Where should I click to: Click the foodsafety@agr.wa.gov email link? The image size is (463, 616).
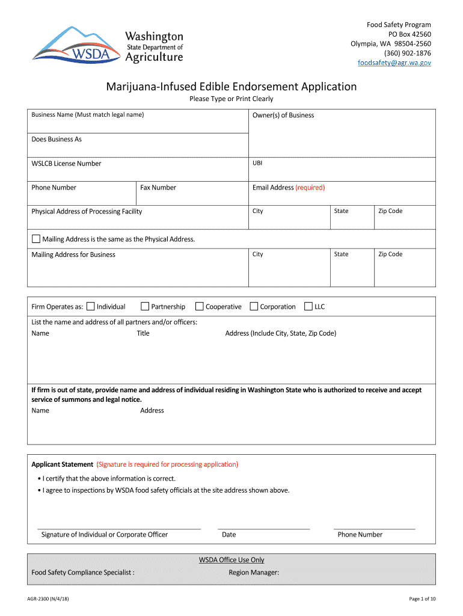(394, 63)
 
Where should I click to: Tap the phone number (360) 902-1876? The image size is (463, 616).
(403, 53)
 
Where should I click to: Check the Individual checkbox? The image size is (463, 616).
(90, 307)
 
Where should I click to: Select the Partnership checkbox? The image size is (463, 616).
(145, 307)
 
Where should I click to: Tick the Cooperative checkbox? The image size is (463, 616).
(200, 307)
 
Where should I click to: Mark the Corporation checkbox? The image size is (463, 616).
(254, 307)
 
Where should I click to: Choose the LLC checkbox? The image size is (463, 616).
(308, 307)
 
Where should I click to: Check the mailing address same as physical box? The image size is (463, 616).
(36, 239)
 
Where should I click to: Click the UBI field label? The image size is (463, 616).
(257, 163)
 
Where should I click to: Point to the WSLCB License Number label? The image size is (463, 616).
(66, 164)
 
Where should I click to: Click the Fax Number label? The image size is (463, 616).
(158, 188)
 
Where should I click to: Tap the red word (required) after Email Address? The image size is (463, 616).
(310, 188)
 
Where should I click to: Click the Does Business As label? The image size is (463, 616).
(57, 140)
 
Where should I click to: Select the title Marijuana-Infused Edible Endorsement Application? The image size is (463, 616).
(231, 87)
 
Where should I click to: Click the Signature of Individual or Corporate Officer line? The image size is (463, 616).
(119, 528)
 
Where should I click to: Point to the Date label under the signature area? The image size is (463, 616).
(228, 535)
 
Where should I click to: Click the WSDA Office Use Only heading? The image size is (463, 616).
(231, 560)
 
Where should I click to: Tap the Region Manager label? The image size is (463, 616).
(254, 573)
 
